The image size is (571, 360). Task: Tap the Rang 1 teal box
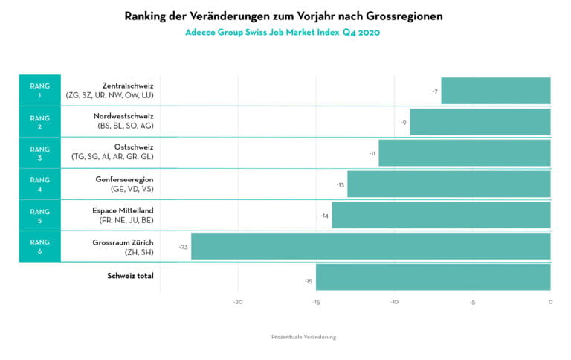[39, 90]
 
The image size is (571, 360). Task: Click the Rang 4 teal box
[39, 184]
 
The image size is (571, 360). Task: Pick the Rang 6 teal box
[39, 246]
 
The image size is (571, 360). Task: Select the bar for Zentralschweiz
[495, 91]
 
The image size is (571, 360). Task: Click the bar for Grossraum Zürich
[370, 246]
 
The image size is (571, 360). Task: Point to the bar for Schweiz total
[433, 277]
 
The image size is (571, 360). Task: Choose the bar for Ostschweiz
[464, 152]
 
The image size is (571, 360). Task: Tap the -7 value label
[435, 91]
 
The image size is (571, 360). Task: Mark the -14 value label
[324, 216]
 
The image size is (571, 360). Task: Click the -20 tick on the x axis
[238, 302]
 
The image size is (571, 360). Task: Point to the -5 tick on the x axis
[472, 302]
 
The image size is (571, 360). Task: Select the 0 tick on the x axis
[550, 302]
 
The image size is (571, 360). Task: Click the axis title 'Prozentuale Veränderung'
[303, 337]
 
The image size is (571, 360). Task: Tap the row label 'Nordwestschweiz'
[123, 116]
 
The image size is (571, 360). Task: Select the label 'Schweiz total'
[130, 276]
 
